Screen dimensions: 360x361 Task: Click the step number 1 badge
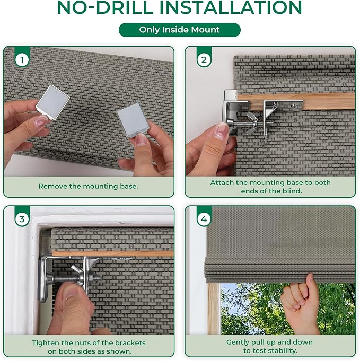pyautogui.click(x=22, y=60)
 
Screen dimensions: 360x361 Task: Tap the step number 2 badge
pyautogui.click(x=204, y=60)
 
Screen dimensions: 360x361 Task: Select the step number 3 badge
pyautogui.click(x=22, y=219)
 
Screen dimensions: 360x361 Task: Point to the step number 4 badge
pyautogui.click(x=204, y=219)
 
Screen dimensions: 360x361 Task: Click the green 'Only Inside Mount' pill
pyautogui.click(x=180, y=30)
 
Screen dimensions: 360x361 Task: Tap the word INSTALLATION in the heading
pyautogui.click(x=231, y=7)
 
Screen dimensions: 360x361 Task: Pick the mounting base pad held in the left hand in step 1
pyautogui.click(x=52, y=102)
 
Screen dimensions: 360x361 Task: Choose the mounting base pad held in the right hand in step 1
pyautogui.click(x=133, y=120)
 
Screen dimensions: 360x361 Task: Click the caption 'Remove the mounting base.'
pyautogui.click(x=88, y=186)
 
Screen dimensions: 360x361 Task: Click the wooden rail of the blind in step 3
pyautogui.click(x=113, y=253)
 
